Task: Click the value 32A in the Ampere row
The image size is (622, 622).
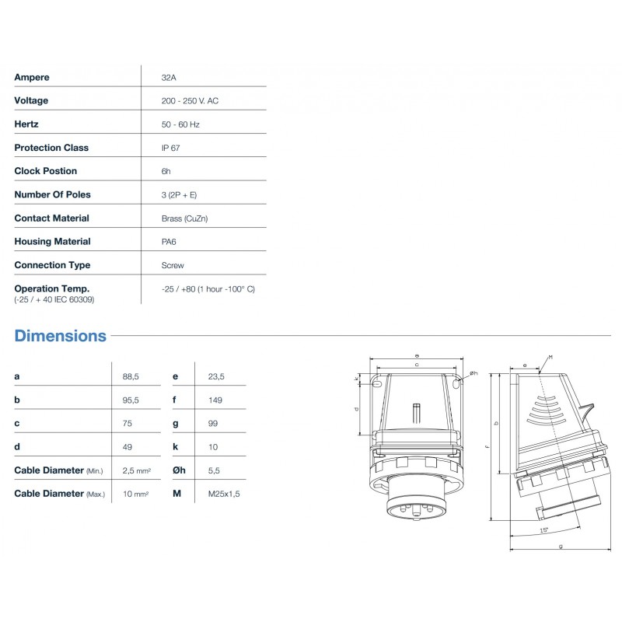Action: point(168,77)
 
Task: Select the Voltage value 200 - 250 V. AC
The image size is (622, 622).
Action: point(190,101)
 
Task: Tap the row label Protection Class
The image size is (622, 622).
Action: point(51,148)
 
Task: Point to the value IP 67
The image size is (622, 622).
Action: point(171,148)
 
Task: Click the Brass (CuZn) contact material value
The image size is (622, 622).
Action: point(184,218)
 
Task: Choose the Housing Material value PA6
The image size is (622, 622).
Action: point(169,242)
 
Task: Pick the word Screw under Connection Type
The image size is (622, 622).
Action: point(173,265)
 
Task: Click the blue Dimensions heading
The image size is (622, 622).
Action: point(61,337)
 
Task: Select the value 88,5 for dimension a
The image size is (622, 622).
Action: point(131,376)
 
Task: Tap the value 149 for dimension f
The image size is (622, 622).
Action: point(215,400)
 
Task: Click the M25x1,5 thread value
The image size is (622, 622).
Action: point(224,493)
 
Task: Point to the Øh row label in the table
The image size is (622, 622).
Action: point(180,470)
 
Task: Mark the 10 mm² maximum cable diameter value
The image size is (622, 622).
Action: point(135,493)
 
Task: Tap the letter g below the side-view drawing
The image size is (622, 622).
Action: point(561,546)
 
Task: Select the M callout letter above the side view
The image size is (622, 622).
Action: point(550,357)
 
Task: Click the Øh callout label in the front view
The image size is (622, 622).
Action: point(472,374)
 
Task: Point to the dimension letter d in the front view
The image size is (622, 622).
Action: point(356,407)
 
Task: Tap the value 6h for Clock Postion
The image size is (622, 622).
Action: point(166,171)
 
